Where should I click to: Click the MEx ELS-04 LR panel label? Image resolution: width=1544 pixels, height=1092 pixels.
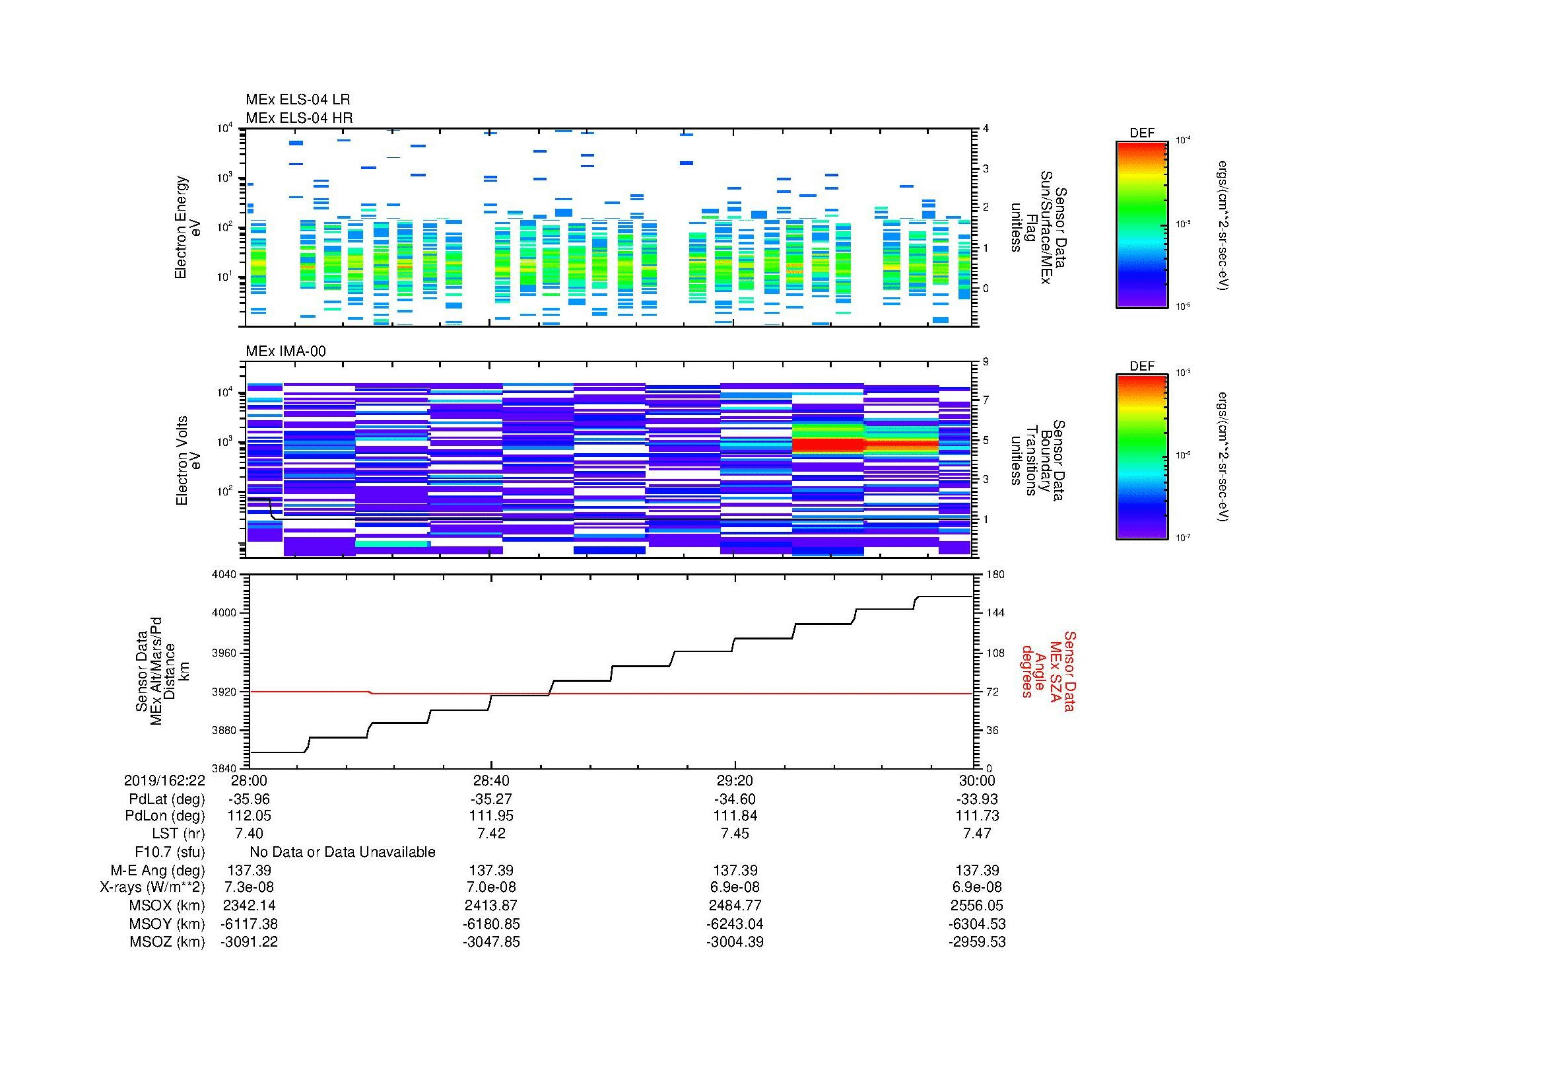tap(298, 100)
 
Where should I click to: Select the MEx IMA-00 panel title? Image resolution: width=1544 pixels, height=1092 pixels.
tap(286, 351)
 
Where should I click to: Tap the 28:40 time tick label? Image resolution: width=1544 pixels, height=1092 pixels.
tap(491, 780)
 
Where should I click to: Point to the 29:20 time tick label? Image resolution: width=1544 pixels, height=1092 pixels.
tap(734, 780)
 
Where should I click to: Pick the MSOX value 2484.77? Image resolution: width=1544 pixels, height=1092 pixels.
tap(734, 906)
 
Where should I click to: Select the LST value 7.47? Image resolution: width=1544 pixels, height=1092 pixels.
tap(977, 834)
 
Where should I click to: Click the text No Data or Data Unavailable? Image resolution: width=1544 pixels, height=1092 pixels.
tap(343, 852)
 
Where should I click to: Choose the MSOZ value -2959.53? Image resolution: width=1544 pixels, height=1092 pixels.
tap(977, 942)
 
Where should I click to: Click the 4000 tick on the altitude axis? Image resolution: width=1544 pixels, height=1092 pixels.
tap(224, 613)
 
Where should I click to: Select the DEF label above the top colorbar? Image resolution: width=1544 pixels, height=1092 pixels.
tap(1142, 133)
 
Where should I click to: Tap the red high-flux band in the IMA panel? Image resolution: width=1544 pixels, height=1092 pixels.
tap(828, 445)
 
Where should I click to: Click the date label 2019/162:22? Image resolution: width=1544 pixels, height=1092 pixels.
tap(164, 780)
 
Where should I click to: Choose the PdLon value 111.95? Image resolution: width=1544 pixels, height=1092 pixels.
tap(491, 816)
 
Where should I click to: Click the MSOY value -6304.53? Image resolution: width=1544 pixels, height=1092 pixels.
tap(977, 924)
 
